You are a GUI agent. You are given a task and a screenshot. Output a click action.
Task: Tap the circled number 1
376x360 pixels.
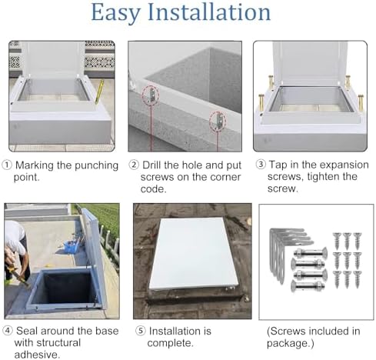click(7, 165)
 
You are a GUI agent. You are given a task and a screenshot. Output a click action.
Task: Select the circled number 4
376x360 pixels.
click(7, 332)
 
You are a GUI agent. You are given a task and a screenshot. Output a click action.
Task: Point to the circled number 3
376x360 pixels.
click(260, 165)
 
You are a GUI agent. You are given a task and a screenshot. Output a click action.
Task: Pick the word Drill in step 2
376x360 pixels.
click(157, 165)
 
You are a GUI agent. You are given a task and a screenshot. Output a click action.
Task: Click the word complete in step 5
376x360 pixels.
click(167, 343)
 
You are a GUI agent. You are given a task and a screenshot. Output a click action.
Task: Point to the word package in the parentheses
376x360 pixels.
click(295, 343)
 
